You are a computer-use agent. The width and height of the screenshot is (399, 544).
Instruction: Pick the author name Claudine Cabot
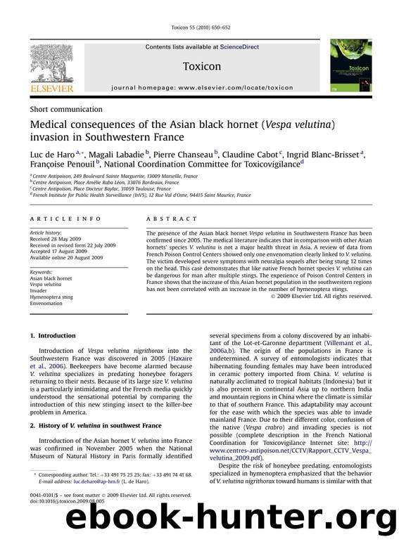click(x=251, y=155)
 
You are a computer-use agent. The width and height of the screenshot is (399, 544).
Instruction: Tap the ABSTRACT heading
click(x=165, y=219)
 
